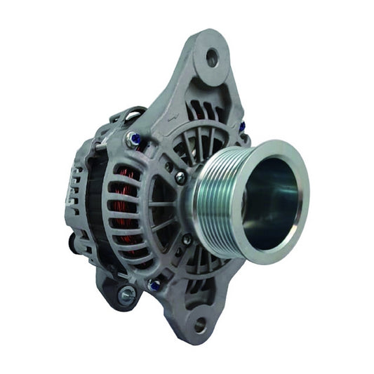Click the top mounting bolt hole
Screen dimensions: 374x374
[x=212, y=58]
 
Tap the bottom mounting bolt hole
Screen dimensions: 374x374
[x=201, y=325]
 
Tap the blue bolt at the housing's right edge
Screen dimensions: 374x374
[x=242, y=127]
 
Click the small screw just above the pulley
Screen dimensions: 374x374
[x=180, y=178]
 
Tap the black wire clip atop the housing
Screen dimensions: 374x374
[x=131, y=114]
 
